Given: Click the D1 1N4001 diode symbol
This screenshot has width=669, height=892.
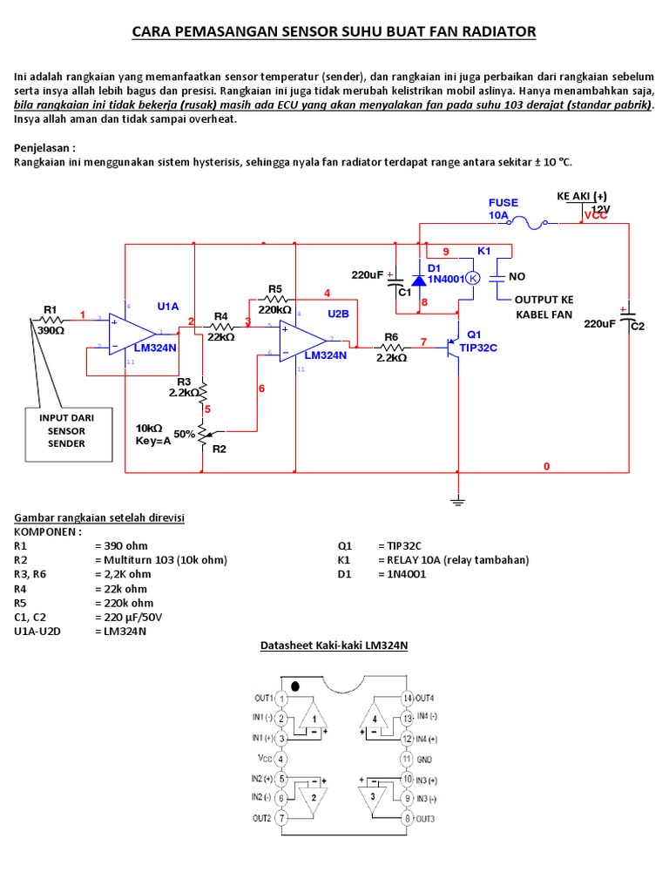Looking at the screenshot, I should [x=419, y=280].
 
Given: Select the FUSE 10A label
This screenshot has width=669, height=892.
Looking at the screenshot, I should [x=503, y=208].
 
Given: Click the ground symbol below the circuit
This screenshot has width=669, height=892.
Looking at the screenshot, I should [x=456, y=500].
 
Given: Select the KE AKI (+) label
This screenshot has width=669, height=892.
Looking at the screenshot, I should [x=582, y=196].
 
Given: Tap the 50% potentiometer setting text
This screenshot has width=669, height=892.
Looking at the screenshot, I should [x=185, y=433].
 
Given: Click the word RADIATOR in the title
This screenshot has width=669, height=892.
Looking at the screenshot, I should [x=497, y=33].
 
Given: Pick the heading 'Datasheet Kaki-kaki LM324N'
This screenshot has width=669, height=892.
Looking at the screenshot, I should [x=334, y=645].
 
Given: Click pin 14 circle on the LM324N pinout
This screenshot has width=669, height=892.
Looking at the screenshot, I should [x=407, y=699].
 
